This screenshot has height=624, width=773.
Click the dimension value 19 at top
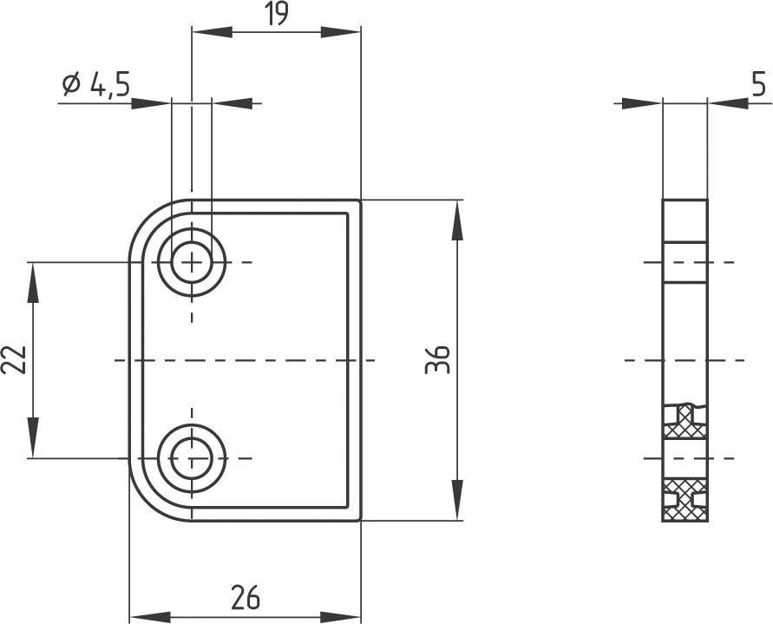[276, 14]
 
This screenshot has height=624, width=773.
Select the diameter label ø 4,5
[96, 85]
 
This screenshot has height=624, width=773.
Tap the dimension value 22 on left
[14, 359]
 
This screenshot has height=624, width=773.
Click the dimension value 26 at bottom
[246, 597]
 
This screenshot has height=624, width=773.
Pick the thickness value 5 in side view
[758, 85]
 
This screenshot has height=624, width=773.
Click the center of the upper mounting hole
[192, 261]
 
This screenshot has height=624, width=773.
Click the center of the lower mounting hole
[192, 457]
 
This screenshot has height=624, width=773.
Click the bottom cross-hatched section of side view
[685, 501]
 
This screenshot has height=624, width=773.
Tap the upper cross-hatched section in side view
[685, 421]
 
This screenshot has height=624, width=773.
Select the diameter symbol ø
[71, 85]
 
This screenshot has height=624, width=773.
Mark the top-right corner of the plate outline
[360, 200]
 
